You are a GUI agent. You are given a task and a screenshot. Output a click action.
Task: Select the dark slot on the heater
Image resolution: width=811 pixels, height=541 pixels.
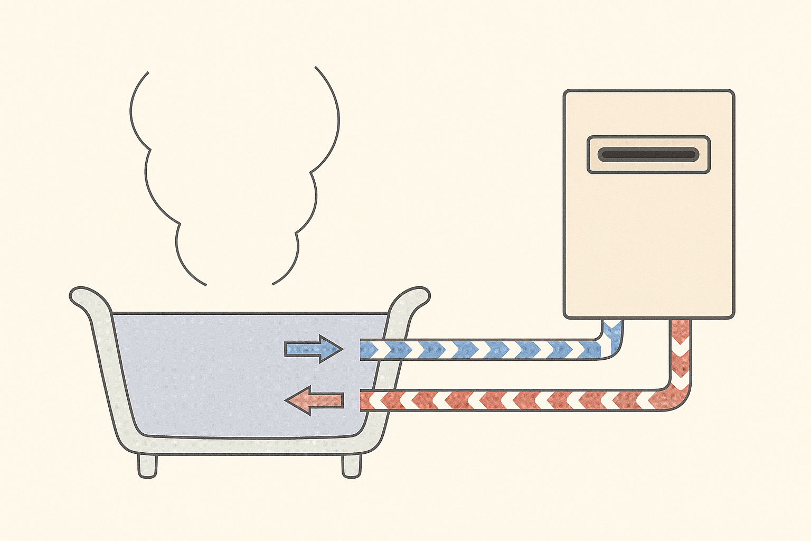[x=648, y=155]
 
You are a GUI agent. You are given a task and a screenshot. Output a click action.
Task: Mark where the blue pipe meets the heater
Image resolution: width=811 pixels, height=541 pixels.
[x=612, y=321]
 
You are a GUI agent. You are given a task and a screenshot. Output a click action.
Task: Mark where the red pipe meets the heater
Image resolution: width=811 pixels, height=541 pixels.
[x=681, y=321]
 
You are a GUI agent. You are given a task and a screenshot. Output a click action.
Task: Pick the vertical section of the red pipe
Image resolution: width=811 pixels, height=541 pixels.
[x=681, y=354]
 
